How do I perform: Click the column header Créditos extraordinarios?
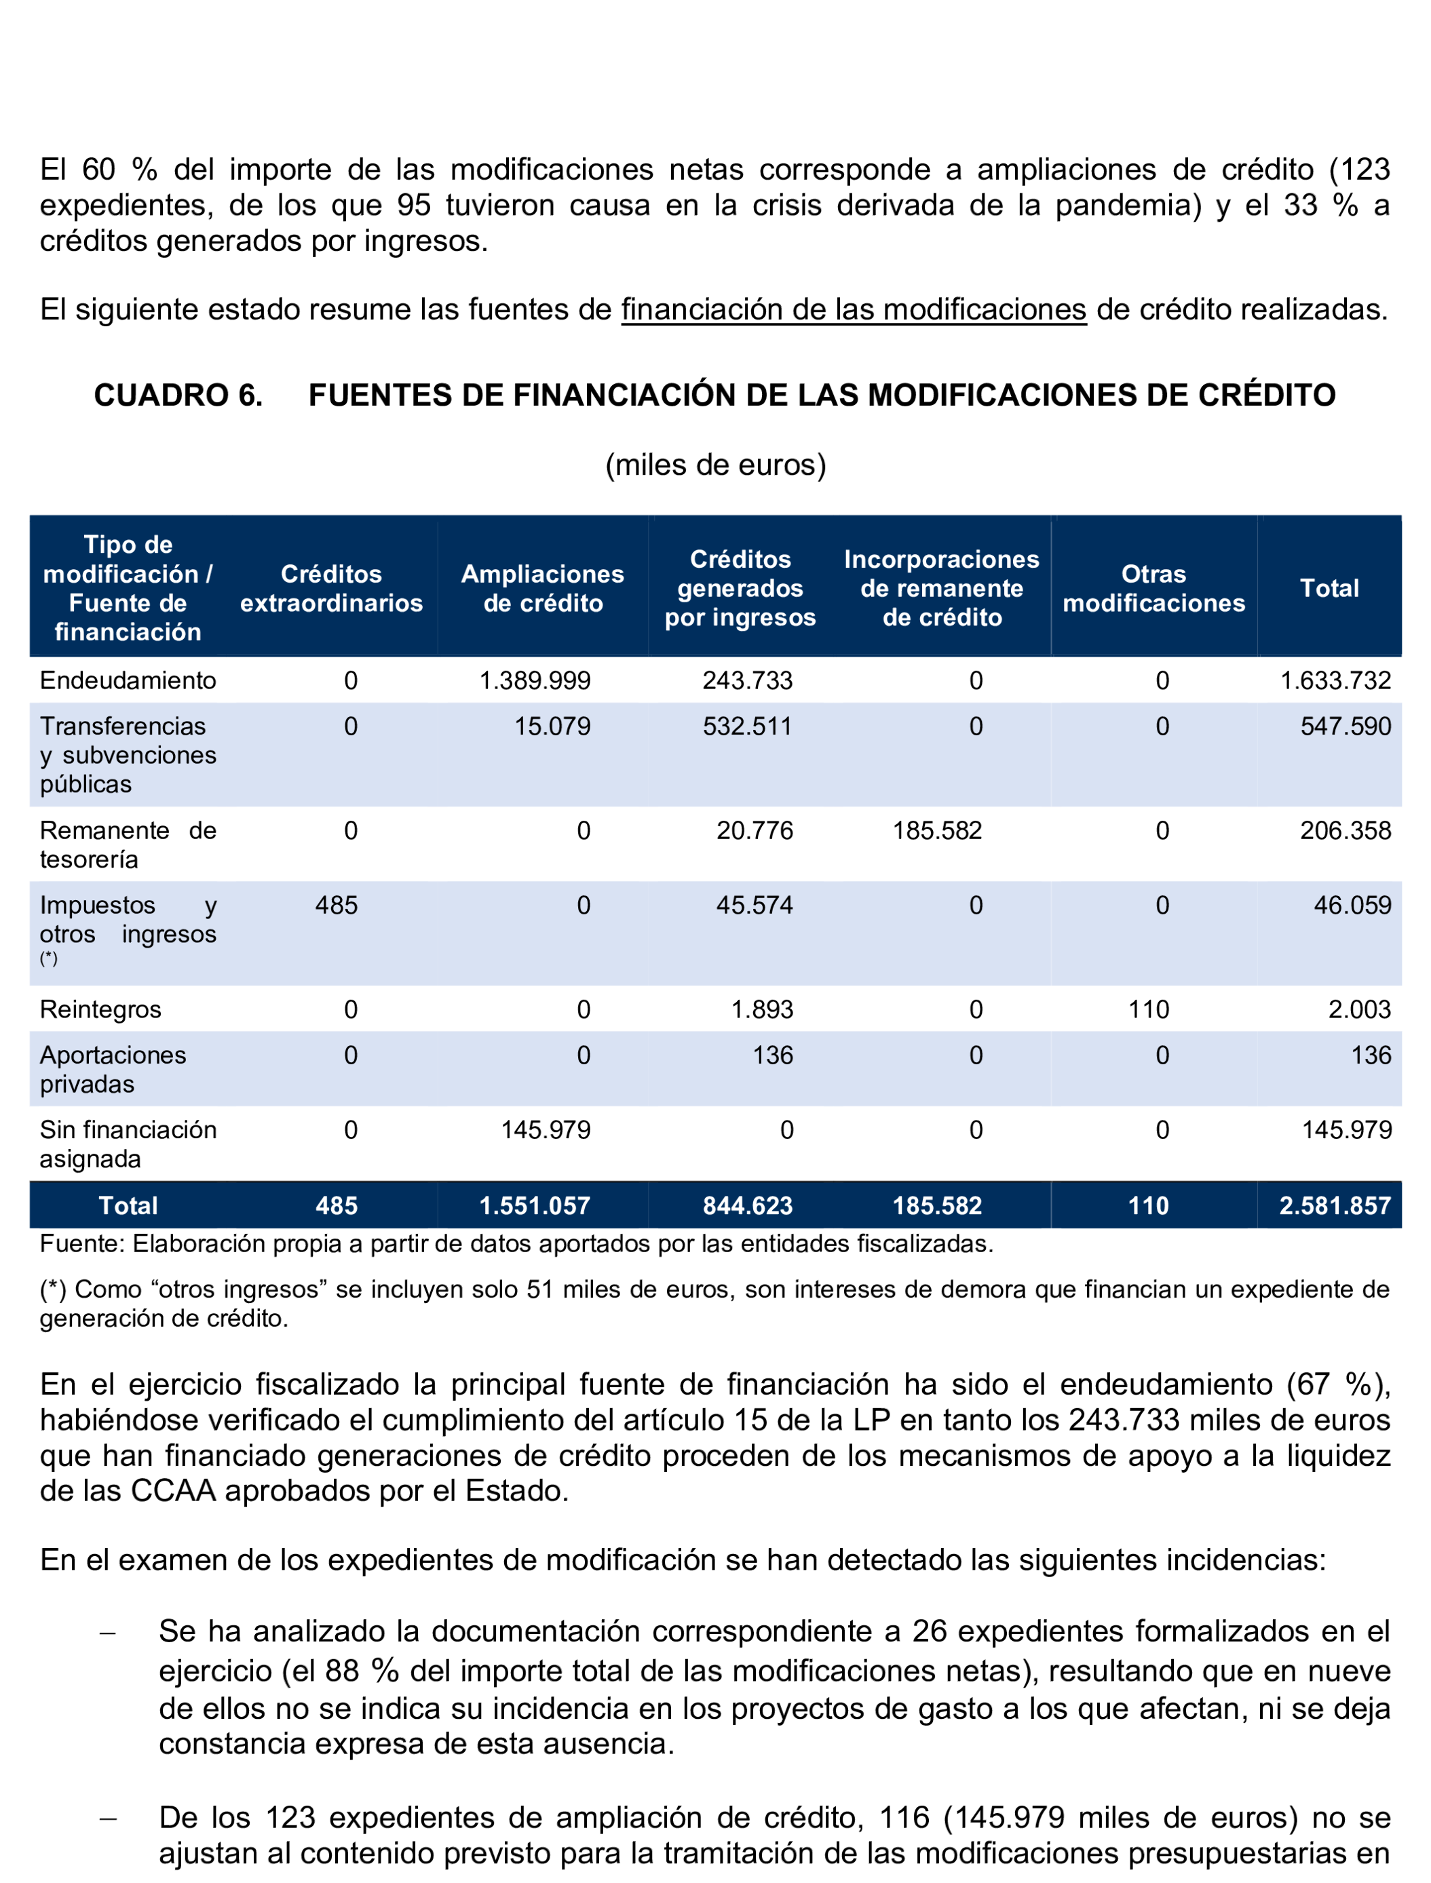(x=331, y=589)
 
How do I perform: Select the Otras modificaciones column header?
(x=1153, y=589)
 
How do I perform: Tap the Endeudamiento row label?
(x=128, y=680)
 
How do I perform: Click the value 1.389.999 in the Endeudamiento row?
(x=535, y=680)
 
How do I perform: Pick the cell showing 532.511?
(x=747, y=726)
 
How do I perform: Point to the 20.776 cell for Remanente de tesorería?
(x=754, y=830)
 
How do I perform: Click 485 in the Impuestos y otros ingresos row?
(x=337, y=906)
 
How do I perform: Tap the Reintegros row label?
(x=100, y=1009)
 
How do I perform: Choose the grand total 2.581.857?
(x=1334, y=1206)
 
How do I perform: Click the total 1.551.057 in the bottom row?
(x=535, y=1206)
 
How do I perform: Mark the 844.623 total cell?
(x=747, y=1206)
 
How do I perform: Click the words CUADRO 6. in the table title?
(x=178, y=395)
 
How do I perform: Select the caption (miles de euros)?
(x=715, y=465)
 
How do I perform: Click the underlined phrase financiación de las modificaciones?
(x=854, y=309)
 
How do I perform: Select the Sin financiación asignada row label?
(x=128, y=1144)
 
